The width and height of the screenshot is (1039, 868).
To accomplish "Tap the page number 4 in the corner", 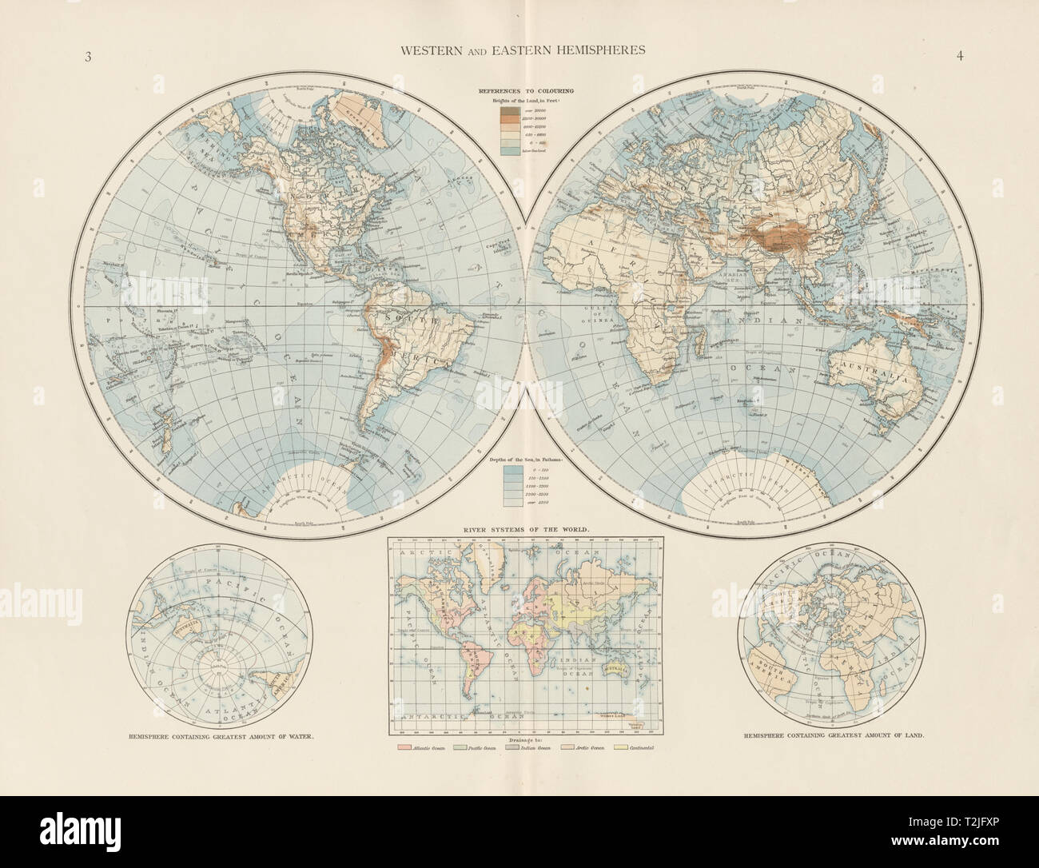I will pyautogui.click(x=956, y=55).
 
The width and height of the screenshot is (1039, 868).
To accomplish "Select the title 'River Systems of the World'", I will pyautogui.click(x=519, y=529).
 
